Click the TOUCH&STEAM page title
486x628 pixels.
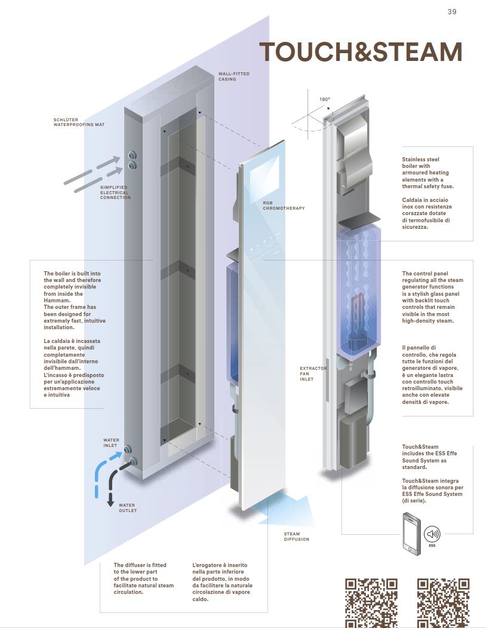point(361,52)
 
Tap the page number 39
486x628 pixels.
point(452,12)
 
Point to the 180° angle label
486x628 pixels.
point(324,99)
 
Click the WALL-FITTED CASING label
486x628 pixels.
point(233,76)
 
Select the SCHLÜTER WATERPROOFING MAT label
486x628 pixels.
point(78,122)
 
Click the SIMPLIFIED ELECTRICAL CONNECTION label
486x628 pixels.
point(115,192)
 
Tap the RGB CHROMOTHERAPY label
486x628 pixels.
point(284,206)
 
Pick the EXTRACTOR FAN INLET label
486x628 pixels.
point(313,373)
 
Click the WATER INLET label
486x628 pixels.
point(111,443)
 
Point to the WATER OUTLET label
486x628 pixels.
point(127,508)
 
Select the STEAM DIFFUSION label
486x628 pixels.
point(297,537)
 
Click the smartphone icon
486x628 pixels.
point(410,533)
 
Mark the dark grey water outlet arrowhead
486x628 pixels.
point(110,503)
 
